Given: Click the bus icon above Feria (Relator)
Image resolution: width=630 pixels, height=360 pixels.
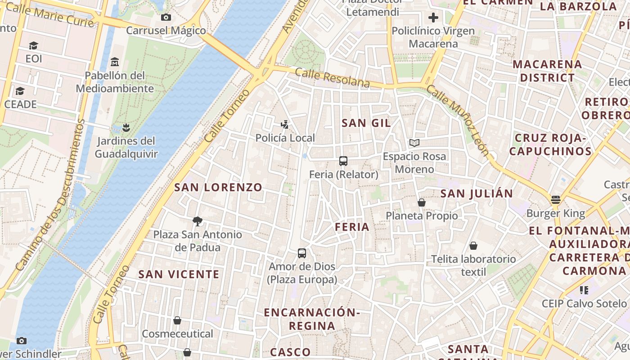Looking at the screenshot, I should click(x=343, y=161).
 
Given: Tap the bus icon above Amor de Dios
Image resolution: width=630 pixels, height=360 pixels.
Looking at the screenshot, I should click(x=302, y=253).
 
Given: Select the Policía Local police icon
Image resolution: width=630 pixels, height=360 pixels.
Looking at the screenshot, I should click(x=284, y=124).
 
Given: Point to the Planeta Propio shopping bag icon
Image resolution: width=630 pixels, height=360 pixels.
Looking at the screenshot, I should click(x=422, y=203).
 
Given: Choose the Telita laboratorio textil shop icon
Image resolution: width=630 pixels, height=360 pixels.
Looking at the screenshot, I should click(x=473, y=246).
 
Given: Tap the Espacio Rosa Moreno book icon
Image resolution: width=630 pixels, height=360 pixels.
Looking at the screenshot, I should click(x=414, y=143).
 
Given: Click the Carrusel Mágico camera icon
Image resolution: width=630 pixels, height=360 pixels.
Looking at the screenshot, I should click(x=166, y=18).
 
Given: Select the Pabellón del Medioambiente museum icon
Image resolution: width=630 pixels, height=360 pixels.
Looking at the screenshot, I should click(x=115, y=62).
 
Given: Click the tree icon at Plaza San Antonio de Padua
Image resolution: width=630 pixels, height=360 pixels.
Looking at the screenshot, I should click(x=197, y=221).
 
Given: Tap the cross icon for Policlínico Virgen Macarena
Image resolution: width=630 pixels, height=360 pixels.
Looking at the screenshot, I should click(x=433, y=18).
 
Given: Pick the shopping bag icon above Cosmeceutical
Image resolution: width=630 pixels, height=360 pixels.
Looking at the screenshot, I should click(x=177, y=320).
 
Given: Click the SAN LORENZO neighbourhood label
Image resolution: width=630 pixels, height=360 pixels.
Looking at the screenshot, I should click(x=218, y=187).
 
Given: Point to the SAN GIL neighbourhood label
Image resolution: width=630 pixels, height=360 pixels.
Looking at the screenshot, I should click(x=366, y=123).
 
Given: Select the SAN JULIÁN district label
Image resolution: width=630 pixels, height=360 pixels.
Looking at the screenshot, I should click(x=477, y=193).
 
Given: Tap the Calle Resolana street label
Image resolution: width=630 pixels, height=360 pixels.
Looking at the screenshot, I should click(x=333, y=77).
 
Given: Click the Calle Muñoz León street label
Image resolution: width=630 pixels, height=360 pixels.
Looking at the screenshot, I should click(x=457, y=120).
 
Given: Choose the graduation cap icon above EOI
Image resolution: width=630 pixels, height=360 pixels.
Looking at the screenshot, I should click(x=33, y=46).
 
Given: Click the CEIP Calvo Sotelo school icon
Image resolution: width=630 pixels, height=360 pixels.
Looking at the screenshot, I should click(x=584, y=290).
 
